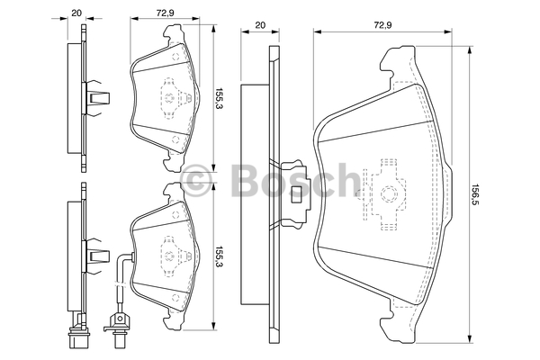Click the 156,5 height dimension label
point(474,193)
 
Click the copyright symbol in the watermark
point(200,180)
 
